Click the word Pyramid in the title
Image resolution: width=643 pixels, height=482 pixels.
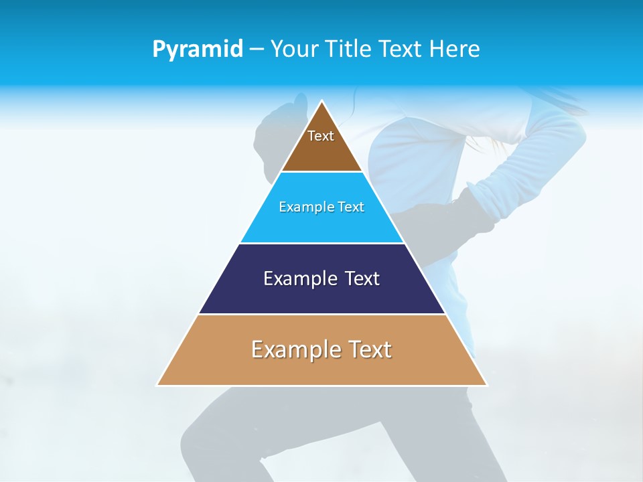tap(198, 50)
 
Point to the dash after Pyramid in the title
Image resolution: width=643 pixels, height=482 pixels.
tap(257, 50)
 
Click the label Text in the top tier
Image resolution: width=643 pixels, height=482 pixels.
tap(321, 136)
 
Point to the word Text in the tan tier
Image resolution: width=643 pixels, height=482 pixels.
tap(368, 349)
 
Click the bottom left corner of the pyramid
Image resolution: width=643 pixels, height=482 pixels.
tap(157, 385)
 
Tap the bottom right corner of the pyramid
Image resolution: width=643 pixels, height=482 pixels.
tap(486, 385)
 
